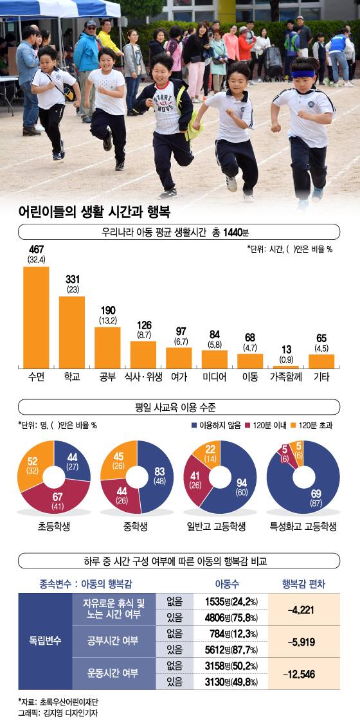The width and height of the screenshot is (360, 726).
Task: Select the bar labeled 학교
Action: pos(72,331)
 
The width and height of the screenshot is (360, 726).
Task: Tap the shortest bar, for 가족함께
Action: pos(286,367)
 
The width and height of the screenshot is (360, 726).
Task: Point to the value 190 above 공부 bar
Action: pos(107,311)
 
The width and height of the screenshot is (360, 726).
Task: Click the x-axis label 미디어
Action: pos(214,377)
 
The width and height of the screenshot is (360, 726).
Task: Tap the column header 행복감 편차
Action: pos(303,584)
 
